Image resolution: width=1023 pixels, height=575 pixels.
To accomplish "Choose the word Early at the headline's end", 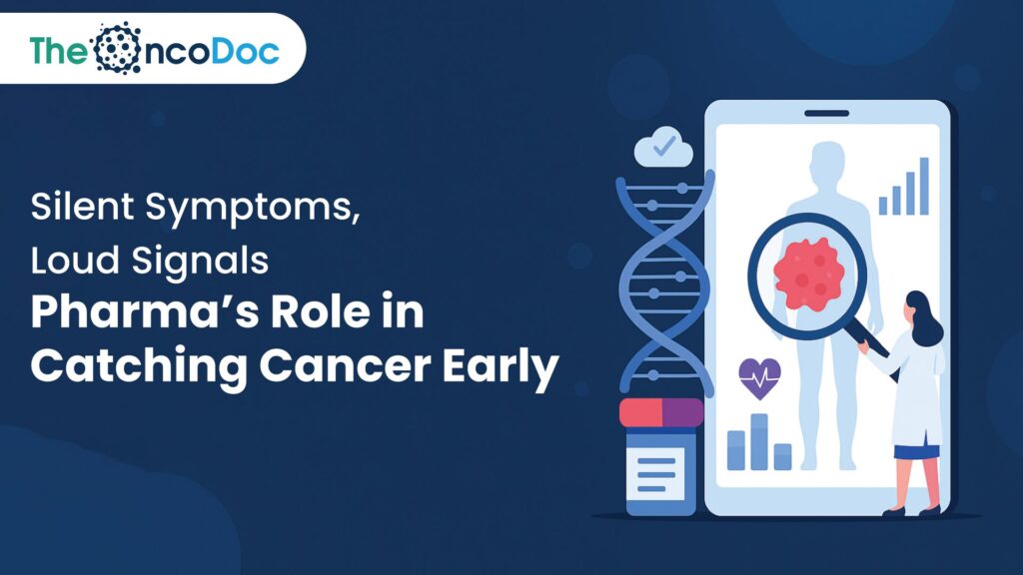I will coord(501,365).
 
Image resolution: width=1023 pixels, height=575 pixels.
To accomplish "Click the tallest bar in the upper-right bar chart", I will coord(924,186).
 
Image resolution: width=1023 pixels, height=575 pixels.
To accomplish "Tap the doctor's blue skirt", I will coord(916,451).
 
